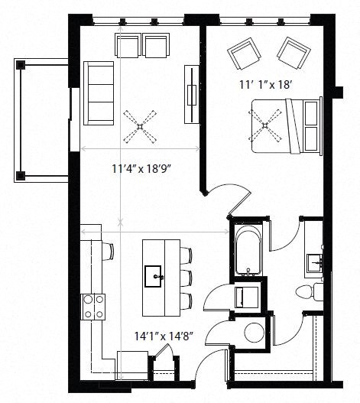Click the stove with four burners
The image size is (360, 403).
(x=93, y=306)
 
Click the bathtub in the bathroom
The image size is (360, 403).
(x=247, y=249)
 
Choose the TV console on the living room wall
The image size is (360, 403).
(x=190, y=88)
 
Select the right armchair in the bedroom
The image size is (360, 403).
(x=292, y=51)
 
